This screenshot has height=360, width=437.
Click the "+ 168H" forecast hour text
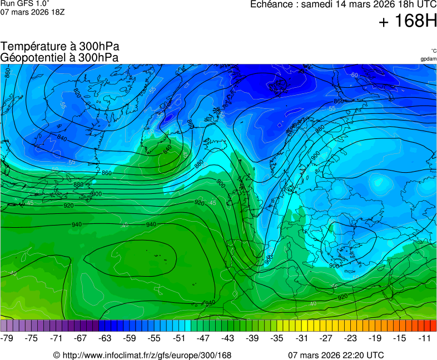point(408,22)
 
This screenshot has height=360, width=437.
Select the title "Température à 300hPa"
point(60,47)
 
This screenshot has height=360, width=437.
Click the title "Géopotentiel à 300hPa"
point(59,57)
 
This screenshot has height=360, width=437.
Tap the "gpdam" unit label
point(428,59)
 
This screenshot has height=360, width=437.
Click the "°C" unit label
point(434,51)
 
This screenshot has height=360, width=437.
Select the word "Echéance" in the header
point(271,4)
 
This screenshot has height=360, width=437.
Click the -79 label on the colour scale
point(7,338)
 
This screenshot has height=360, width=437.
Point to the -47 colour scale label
point(203,338)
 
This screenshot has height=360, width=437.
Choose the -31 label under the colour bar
point(301,338)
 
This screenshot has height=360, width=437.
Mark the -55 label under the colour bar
point(154,338)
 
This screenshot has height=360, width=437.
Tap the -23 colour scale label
point(350,338)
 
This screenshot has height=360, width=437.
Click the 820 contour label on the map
point(77,93)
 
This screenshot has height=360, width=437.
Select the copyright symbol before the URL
point(57,356)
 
